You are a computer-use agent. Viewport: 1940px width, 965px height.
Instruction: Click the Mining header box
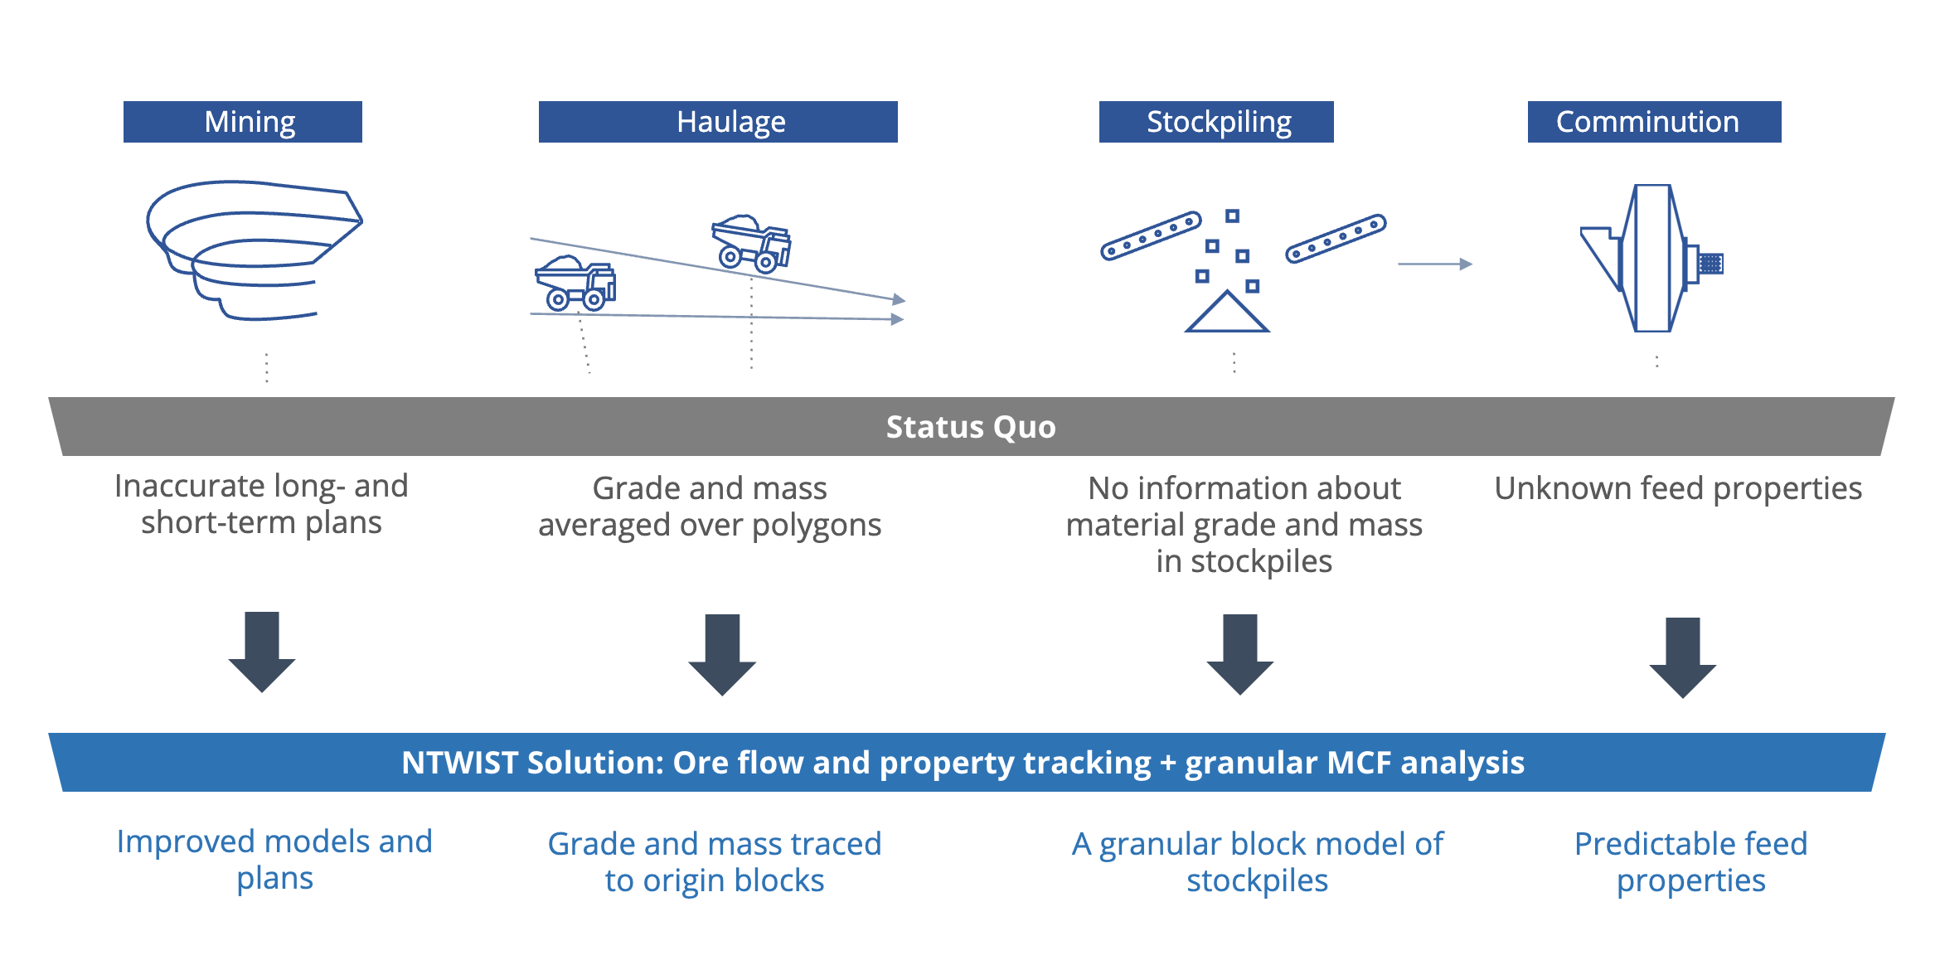pyautogui.click(x=243, y=122)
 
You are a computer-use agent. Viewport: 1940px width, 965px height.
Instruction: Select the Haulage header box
pyautogui.click(x=718, y=122)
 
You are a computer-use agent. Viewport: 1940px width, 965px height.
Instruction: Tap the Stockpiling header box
pyautogui.click(x=1216, y=122)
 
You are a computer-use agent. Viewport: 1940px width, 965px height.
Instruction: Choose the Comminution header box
pyautogui.click(x=1654, y=122)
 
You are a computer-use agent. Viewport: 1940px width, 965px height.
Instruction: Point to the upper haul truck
pyautogui.click(x=751, y=244)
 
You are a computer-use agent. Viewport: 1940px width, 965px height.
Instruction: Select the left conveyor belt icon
pyautogui.click(x=1151, y=235)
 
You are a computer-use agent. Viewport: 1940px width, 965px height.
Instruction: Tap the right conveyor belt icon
pyautogui.click(x=1336, y=239)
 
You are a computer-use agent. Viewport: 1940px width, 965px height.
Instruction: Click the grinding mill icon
pyautogui.click(x=1652, y=258)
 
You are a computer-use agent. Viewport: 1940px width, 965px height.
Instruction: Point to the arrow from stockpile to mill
pyautogui.click(x=1435, y=264)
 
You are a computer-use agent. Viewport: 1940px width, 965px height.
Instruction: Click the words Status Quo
pyautogui.click(x=971, y=427)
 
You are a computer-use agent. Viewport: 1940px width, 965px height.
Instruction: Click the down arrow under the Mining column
pyautogui.click(x=262, y=652)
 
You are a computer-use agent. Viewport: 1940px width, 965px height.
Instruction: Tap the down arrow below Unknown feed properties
pyautogui.click(x=1682, y=657)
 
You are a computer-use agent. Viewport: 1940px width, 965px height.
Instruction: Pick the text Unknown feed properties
pyautogui.click(x=1678, y=489)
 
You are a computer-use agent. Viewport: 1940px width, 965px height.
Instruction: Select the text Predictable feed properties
pyautogui.click(x=1690, y=862)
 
